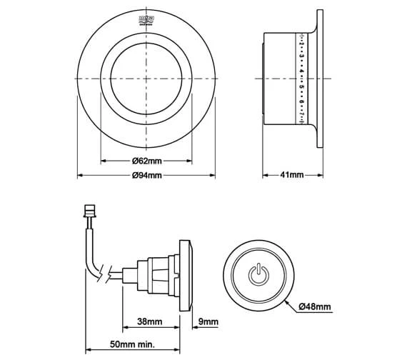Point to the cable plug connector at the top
coord(91,211)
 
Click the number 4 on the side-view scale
coord(303,72)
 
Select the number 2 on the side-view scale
coord(303,45)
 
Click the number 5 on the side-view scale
coord(303,86)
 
